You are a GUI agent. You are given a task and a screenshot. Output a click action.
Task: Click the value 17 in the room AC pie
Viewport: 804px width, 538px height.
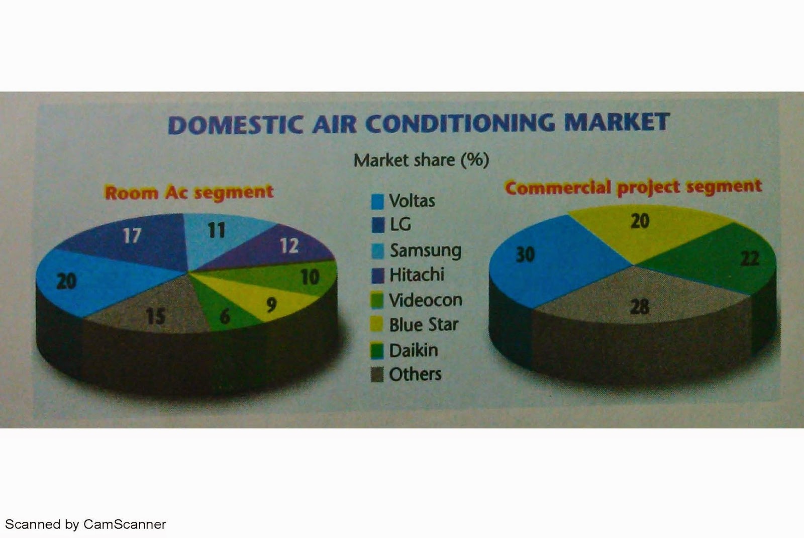[x=132, y=235]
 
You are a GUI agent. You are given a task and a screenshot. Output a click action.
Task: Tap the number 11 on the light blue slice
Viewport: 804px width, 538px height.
[x=217, y=230]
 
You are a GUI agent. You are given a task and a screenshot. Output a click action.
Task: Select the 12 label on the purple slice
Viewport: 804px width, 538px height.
[x=289, y=245]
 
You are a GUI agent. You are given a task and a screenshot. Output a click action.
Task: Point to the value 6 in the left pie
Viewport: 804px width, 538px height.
[x=225, y=316]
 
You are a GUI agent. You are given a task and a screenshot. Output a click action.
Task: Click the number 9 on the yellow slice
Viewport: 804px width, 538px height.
[x=271, y=304]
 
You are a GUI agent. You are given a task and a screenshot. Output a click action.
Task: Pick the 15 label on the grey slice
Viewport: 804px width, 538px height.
[x=155, y=316]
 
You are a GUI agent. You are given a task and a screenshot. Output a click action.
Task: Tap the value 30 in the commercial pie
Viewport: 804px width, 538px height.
[x=525, y=254]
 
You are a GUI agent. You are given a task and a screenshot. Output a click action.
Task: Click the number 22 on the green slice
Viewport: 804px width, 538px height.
[x=749, y=258]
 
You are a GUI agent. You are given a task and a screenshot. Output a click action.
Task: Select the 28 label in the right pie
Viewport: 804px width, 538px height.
[x=639, y=306]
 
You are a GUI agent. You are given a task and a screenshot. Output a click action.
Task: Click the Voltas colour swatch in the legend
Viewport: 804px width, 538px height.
[x=377, y=202]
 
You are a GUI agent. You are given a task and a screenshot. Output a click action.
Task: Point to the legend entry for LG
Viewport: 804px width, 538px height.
[x=400, y=224]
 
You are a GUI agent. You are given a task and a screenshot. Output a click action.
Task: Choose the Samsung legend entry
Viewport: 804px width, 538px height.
[x=425, y=250]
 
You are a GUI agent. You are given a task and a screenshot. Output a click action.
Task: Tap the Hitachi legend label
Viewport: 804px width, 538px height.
[x=417, y=275]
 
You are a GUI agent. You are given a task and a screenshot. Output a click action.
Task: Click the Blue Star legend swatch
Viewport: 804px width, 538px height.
[x=377, y=325]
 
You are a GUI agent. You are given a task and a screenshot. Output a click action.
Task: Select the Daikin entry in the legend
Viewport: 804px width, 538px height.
[x=413, y=350]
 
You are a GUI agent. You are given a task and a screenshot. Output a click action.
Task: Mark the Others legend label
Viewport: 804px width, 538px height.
[x=415, y=374]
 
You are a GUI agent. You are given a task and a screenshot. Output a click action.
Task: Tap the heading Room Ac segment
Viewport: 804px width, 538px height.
[x=189, y=192]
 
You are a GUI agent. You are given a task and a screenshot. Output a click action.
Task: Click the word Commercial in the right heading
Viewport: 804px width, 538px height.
[x=558, y=188]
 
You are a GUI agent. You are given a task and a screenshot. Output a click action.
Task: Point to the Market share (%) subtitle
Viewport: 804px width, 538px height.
[x=421, y=160]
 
